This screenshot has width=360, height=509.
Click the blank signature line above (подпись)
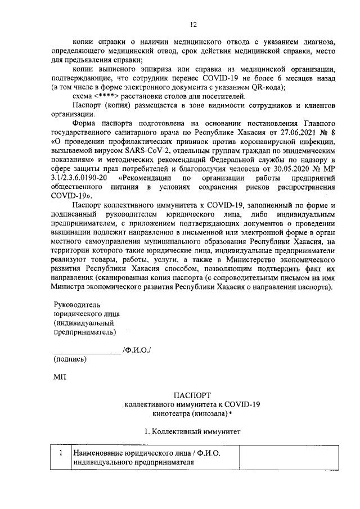pos(87,353)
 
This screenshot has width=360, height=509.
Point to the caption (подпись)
pos(70,359)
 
